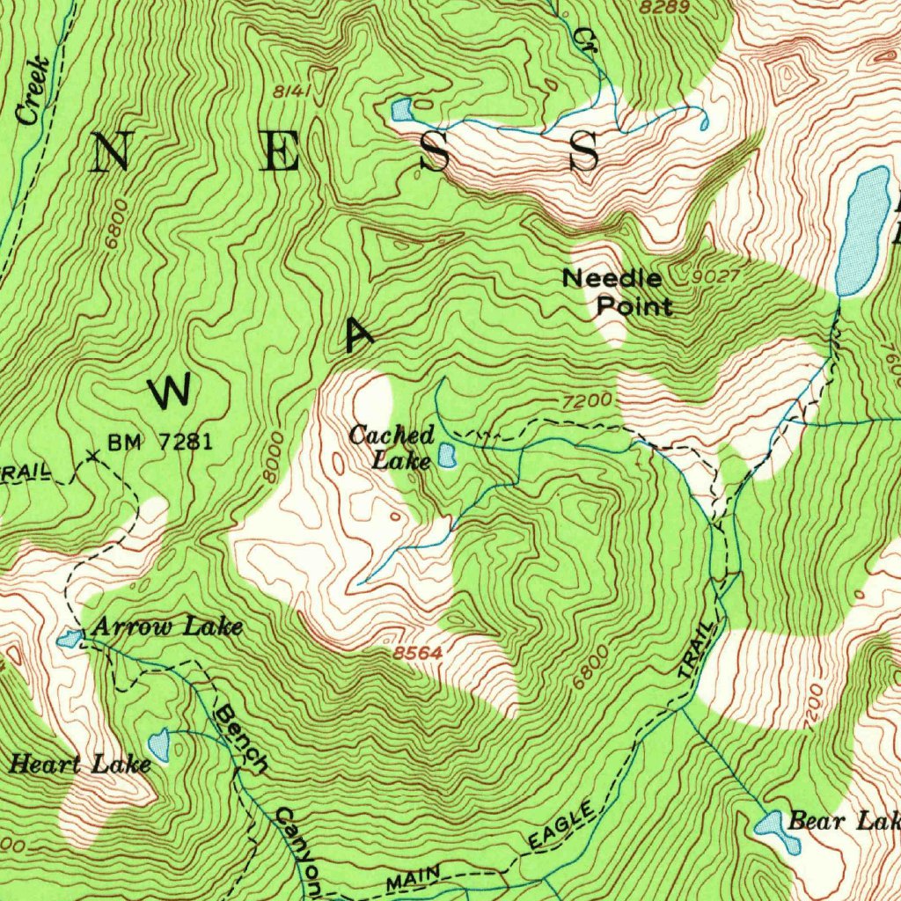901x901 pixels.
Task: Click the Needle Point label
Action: click(618, 292)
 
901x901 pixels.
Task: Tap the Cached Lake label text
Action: click(392, 446)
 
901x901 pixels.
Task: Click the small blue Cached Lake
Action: click(447, 456)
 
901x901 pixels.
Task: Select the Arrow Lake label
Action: click(166, 626)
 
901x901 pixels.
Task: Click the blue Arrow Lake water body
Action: click(70, 638)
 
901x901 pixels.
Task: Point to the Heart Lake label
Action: click(79, 764)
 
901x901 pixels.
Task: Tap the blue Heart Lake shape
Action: click(159, 746)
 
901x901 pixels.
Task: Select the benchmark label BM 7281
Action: click(160, 442)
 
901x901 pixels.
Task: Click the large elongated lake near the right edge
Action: click(862, 231)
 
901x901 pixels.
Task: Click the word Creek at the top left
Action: click(33, 92)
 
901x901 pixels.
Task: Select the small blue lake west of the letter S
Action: click(401, 111)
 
